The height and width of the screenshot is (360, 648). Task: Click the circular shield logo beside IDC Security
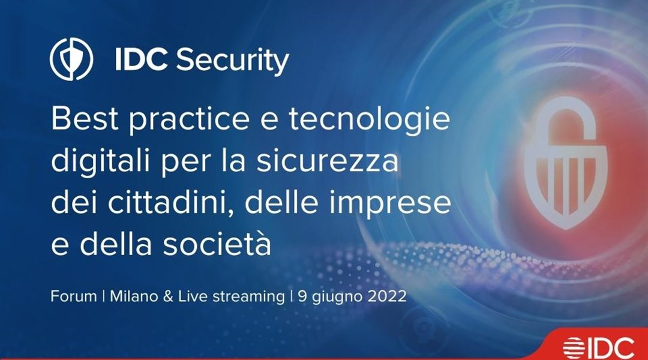(x=71, y=59)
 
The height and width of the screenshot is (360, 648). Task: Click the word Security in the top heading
(x=232, y=61)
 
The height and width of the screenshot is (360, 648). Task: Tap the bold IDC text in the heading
(x=142, y=59)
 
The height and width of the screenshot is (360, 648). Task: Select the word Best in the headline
(x=85, y=119)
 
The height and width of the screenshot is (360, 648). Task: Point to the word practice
(x=189, y=121)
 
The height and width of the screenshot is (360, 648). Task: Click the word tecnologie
(x=369, y=121)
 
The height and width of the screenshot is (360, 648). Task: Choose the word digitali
(x=100, y=162)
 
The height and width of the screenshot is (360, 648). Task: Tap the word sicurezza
(x=328, y=161)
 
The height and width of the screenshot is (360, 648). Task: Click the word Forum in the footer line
(x=74, y=296)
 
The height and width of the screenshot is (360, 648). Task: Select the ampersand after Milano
(x=168, y=297)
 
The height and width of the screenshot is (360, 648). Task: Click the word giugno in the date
(x=335, y=298)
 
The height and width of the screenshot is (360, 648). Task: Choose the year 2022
(x=385, y=296)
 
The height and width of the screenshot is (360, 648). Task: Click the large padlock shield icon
(x=566, y=163)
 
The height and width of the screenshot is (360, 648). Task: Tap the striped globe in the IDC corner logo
(x=574, y=347)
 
